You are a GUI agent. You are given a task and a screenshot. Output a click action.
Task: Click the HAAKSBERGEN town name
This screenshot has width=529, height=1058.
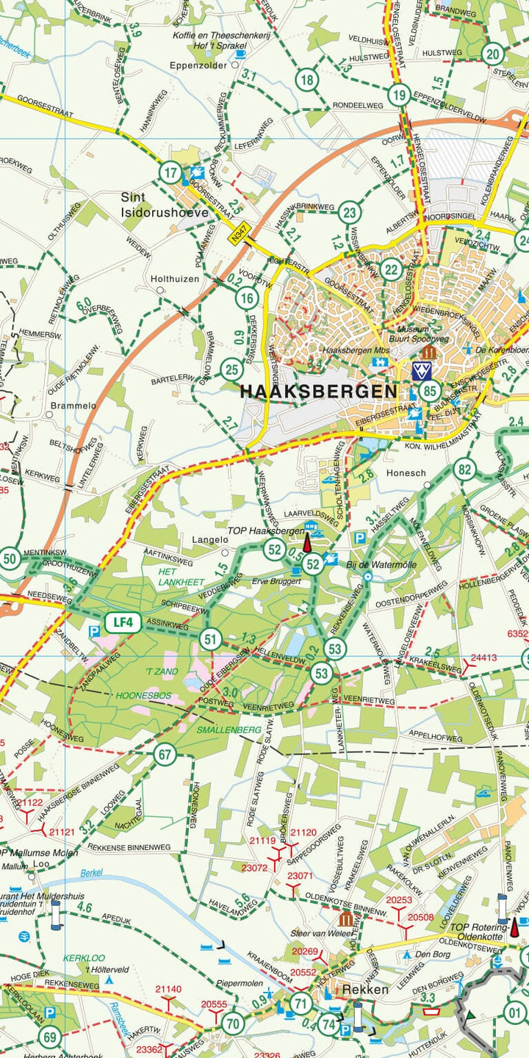[x=319, y=391]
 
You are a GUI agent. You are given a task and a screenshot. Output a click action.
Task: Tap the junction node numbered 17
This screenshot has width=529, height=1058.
[x=170, y=173]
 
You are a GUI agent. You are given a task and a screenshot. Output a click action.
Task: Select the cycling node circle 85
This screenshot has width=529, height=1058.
[x=431, y=391]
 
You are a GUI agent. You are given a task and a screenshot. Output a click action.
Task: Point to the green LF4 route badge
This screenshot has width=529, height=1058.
[x=123, y=623]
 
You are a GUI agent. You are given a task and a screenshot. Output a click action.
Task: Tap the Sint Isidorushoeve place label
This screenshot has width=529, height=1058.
[x=165, y=205]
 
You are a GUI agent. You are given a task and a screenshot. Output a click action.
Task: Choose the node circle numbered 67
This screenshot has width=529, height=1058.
[x=165, y=755]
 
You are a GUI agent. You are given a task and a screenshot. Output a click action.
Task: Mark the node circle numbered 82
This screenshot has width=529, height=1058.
[x=464, y=469]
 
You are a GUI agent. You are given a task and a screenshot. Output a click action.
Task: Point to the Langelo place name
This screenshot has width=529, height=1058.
[x=205, y=540]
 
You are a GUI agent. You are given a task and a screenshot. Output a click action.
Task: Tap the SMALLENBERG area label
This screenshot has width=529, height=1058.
[x=228, y=730]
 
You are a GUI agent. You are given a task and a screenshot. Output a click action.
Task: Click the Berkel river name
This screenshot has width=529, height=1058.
[x=92, y=873]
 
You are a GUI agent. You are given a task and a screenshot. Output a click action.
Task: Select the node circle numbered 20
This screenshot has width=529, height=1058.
[x=493, y=54]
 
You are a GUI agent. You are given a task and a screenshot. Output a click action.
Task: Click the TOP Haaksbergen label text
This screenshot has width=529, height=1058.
[x=265, y=530]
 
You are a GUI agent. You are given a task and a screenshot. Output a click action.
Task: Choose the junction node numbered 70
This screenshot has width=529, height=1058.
[x=233, y=1023]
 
